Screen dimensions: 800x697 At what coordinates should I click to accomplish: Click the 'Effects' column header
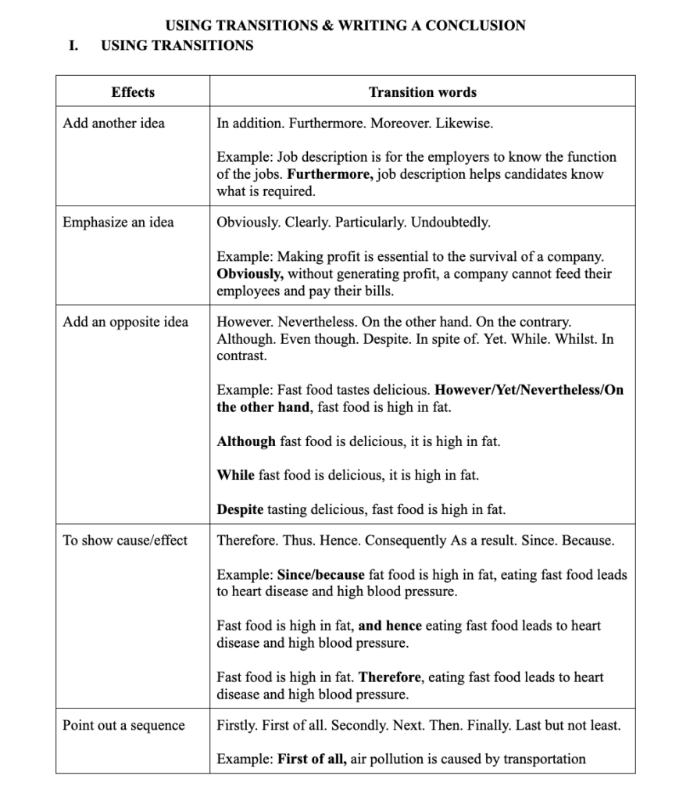[133, 92]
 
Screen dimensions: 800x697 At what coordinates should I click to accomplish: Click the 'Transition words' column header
[422, 92]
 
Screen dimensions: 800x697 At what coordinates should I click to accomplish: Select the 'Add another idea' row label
[114, 123]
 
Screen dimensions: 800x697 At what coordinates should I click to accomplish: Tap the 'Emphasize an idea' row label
[118, 222]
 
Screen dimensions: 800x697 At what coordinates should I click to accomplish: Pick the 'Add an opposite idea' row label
[125, 322]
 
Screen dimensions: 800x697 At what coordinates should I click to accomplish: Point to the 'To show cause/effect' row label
[125, 540]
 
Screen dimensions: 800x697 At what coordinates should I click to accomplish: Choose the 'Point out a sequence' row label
[123, 725]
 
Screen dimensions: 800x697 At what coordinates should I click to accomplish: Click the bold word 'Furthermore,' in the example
[336, 174]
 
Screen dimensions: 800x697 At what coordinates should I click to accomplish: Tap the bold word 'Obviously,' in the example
[250, 274]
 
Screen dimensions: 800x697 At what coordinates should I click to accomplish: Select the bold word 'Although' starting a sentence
[246, 441]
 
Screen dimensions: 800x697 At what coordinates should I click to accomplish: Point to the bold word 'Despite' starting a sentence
[241, 509]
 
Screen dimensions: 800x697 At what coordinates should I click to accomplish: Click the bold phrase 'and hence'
[390, 626]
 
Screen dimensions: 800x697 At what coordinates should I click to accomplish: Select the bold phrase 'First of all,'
[313, 759]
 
